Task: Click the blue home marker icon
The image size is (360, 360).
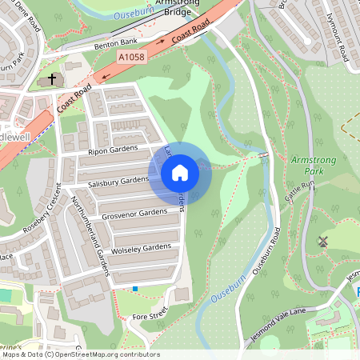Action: [x=180, y=172]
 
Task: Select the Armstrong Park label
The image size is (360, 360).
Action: [x=310, y=167]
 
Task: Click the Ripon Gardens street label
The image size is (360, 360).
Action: [x=112, y=150]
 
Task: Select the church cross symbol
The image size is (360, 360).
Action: [x=53, y=79]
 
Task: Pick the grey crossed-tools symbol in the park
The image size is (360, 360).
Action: [x=324, y=241]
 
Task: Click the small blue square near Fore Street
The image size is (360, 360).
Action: [x=135, y=288]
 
